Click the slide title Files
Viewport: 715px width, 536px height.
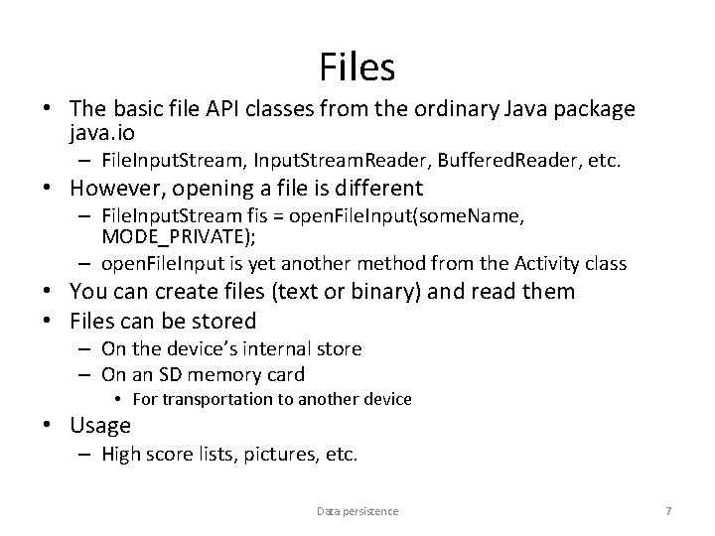pos(357,67)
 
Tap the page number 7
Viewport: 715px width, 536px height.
pos(668,511)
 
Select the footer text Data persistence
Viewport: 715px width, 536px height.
pos(357,511)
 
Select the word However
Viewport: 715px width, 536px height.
pos(115,189)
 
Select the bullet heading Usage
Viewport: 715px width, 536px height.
pos(100,426)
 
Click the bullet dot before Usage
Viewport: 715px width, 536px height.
pos(57,427)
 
